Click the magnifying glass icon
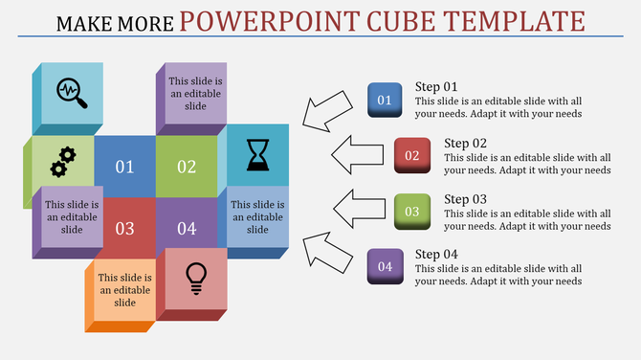coord(73,94)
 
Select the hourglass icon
coord(258,154)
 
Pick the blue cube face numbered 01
coord(124,167)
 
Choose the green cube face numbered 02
coord(187,167)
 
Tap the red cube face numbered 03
coord(124,228)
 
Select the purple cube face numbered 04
coord(187,228)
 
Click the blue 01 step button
coord(385,100)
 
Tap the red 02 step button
coord(411,155)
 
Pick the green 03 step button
coord(411,211)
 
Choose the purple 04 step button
coord(385,266)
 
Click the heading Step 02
coord(466,144)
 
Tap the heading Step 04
coord(436,254)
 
